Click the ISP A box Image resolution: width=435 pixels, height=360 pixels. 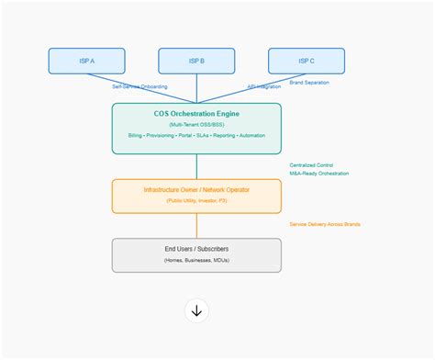click(86, 61)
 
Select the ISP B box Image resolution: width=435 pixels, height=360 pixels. click(196, 61)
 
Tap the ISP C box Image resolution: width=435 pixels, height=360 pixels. click(307, 61)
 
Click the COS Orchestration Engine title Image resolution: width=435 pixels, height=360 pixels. click(196, 113)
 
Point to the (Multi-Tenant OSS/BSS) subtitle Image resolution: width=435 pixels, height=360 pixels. click(196, 124)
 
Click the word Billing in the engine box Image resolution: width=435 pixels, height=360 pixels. click(136, 136)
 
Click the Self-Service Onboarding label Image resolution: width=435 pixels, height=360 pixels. click(139, 86)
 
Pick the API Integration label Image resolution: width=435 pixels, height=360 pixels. click(264, 86)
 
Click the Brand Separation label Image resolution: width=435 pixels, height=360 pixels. click(309, 83)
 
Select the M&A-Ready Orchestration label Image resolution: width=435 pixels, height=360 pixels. click(319, 174)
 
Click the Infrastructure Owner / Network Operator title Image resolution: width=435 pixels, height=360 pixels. click(196, 190)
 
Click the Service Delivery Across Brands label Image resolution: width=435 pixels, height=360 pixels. click(325, 224)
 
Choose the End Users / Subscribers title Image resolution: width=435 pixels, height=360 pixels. click(196, 249)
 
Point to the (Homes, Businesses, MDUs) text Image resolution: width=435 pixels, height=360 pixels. click(196, 261)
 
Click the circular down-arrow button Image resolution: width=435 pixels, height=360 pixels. click(196, 310)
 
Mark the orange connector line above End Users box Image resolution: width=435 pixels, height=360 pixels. click(196, 226)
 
